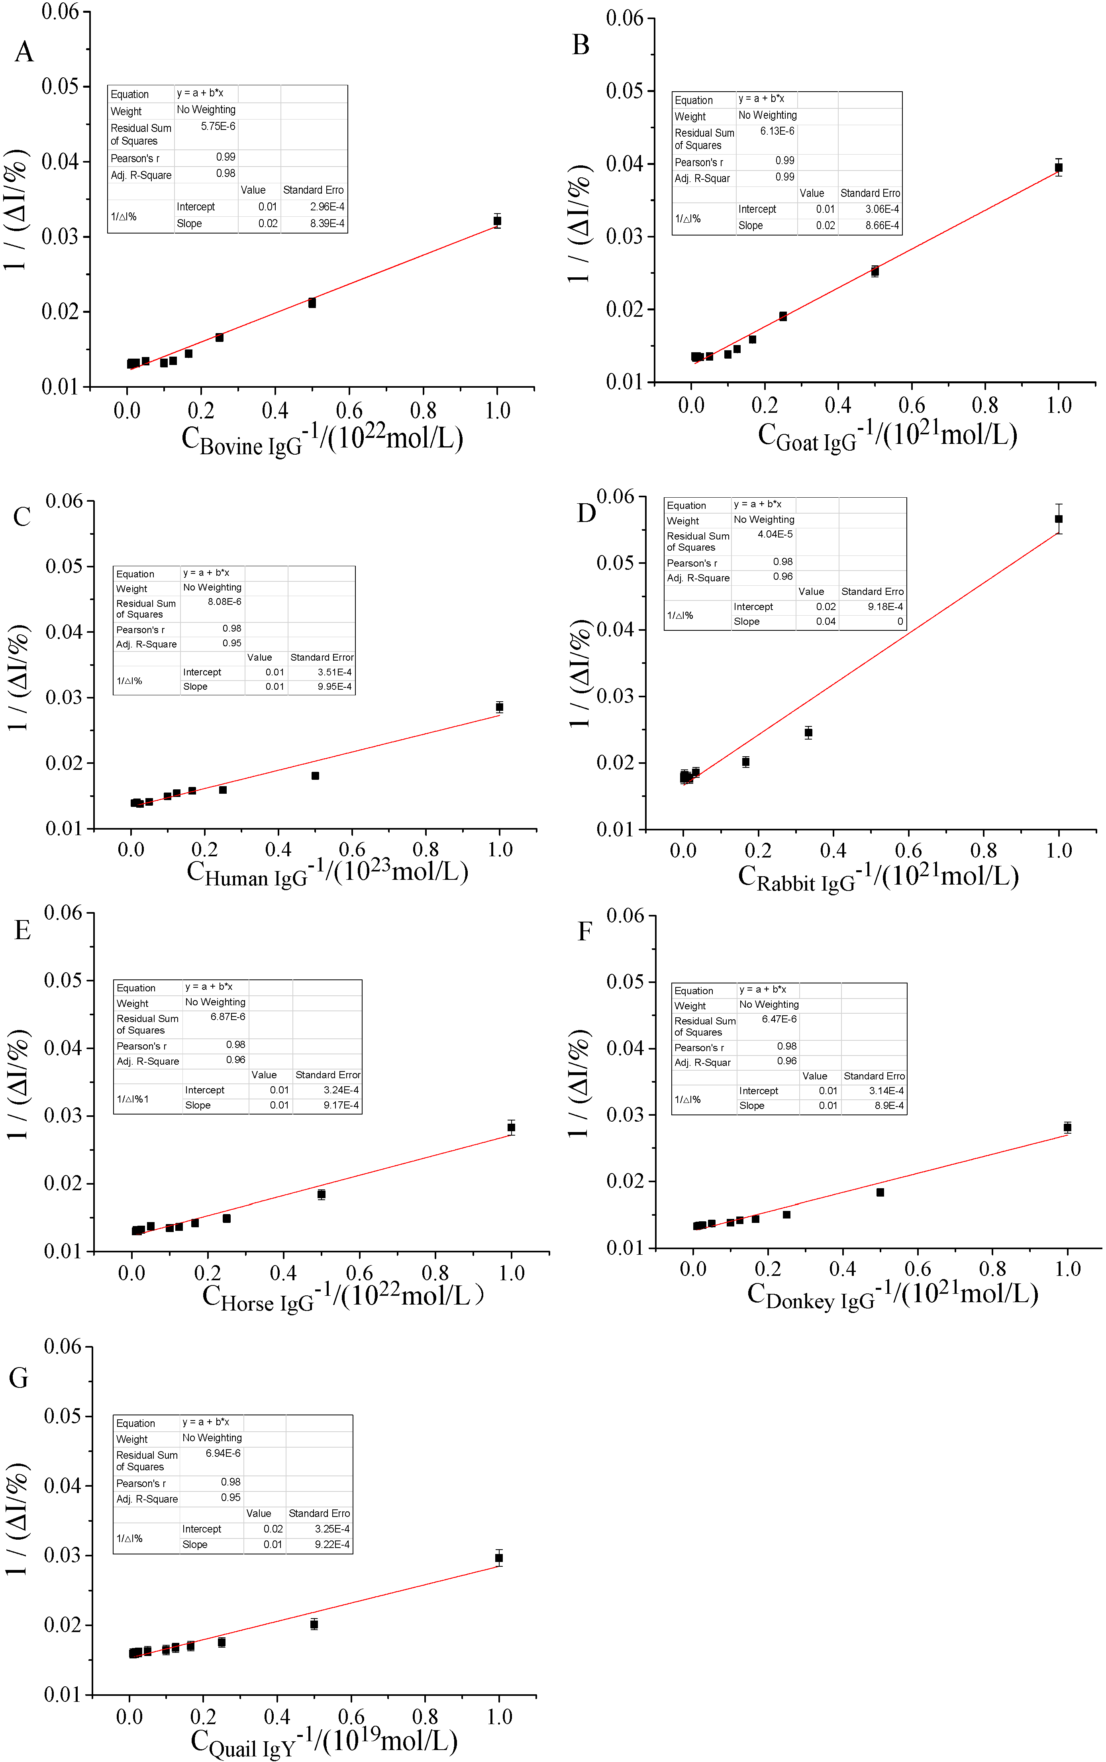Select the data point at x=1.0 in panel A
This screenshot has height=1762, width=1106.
(497, 221)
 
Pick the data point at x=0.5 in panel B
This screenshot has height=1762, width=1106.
(875, 271)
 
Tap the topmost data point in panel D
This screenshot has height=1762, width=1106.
(1059, 518)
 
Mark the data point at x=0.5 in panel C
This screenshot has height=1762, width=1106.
(315, 775)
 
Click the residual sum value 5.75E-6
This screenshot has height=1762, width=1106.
(218, 127)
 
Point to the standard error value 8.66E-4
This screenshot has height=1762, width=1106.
(882, 225)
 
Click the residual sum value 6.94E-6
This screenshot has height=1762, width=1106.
(223, 1453)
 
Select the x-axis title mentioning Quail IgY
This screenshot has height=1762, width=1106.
(324, 1742)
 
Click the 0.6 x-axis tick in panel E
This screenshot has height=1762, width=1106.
(359, 1273)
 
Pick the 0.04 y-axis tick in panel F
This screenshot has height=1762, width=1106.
(625, 1048)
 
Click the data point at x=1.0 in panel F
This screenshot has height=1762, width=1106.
(1067, 1127)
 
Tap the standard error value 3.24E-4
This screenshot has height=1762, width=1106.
(341, 1090)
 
